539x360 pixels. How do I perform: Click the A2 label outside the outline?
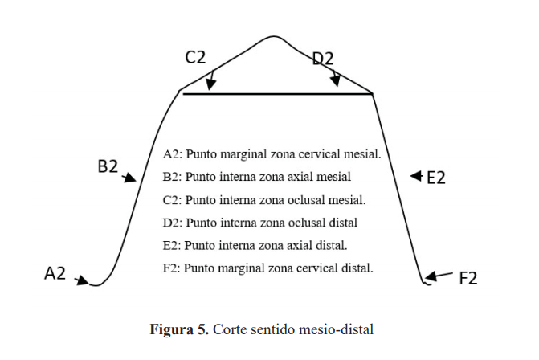point(55,274)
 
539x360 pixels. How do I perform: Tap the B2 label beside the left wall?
point(108,167)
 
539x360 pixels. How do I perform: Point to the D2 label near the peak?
point(323,58)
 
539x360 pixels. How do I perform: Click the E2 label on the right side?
point(435,178)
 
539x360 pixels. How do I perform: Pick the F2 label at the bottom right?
point(468,279)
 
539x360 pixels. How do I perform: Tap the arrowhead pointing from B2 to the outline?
point(130,179)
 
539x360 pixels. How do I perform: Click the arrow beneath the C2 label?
point(210,82)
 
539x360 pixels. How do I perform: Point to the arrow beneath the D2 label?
point(336,80)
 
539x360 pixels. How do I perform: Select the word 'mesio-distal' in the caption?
point(341,329)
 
